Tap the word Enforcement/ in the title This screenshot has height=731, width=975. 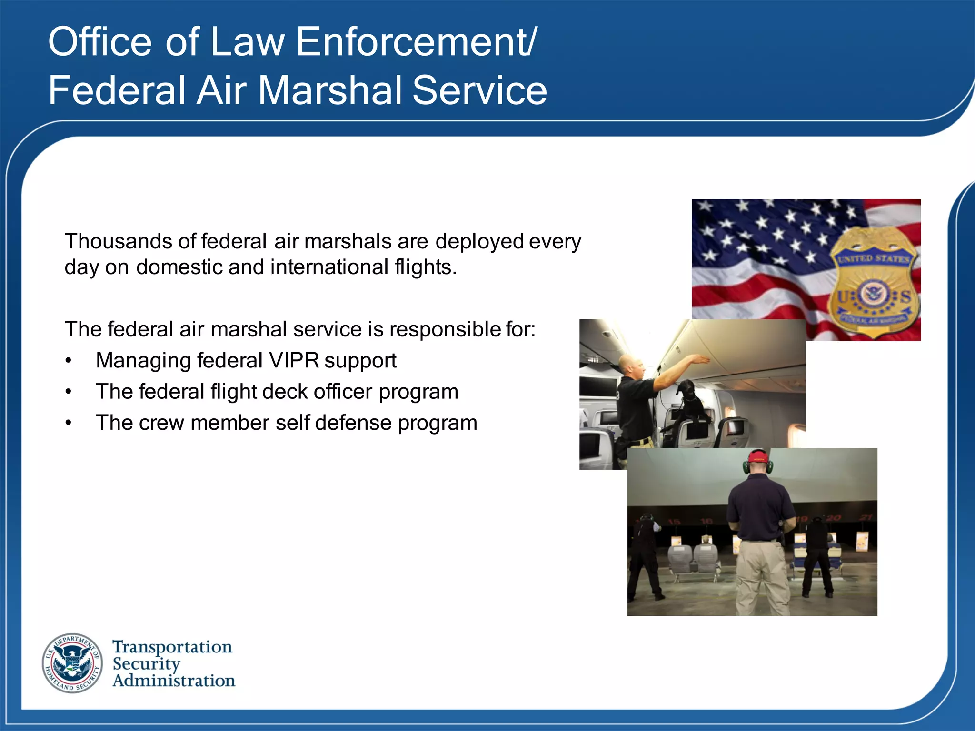[x=417, y=42]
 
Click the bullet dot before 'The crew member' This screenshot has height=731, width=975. [x=69, y=423]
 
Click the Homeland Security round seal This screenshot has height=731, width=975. [x=72, y=663]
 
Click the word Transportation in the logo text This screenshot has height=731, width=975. [x=172, y=647]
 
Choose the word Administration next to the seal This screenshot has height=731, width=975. [x=174, y=681]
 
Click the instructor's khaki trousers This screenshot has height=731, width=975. [x=759, y=576]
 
